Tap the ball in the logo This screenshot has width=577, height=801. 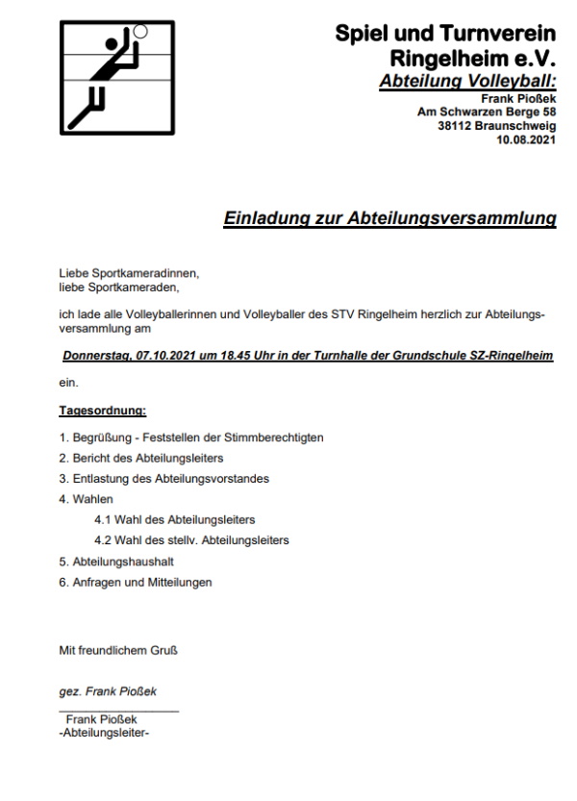click(140, 31)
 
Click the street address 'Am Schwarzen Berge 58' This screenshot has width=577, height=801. click(486, 112)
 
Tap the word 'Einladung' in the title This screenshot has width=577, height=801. click(266, 219)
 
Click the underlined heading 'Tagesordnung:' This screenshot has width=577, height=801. click(103, 412)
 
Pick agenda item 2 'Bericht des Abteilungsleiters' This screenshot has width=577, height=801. click(147, 458)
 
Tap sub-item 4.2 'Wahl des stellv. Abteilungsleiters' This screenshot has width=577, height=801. click(191, 540)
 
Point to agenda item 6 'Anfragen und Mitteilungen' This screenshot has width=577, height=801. click(136, 582)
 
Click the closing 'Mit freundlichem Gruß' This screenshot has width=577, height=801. click(118, 650)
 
